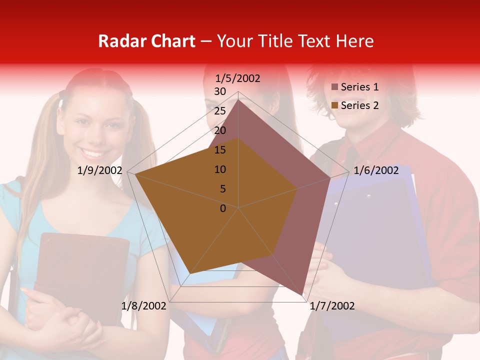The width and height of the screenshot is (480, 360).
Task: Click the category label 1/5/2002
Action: click(x=237, y=78)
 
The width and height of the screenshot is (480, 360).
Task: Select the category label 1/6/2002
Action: click(x=376, y=170)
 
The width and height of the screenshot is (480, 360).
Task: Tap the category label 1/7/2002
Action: click(x=332, y=305)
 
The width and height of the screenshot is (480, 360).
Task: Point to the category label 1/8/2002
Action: click(x=144, y=305)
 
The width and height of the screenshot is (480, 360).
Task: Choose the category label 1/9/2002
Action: click(x=100, y=170)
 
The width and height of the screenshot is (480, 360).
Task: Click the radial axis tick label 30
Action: click(x=220, y=91)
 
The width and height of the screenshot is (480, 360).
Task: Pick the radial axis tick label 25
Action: click(x=220, y=111)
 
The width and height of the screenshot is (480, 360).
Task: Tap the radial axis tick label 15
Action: click(x=220, y=150)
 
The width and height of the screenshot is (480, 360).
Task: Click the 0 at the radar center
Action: click(x=223, y=208)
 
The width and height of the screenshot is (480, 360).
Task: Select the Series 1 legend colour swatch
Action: click(x=335, y=87)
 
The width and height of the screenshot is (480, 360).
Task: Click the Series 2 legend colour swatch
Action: click(x=335, y=106)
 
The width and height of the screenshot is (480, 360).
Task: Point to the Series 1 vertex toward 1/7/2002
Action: click(x=303, y=295)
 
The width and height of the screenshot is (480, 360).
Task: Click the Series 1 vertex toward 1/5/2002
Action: click(x=238, y=99)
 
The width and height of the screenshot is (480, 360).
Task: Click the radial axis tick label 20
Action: click(x=220, y=130)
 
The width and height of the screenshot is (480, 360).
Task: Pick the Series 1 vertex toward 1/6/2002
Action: click(x=330, y=178)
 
